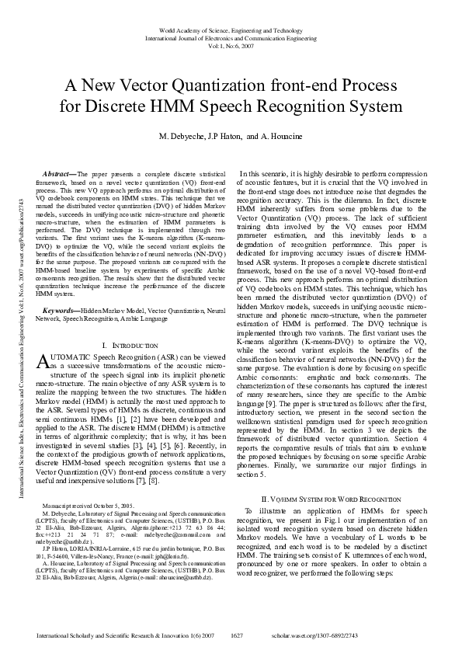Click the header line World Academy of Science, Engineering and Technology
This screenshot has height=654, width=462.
(x=231, y=29)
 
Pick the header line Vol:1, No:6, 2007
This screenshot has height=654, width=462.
(x=231, y=45)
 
